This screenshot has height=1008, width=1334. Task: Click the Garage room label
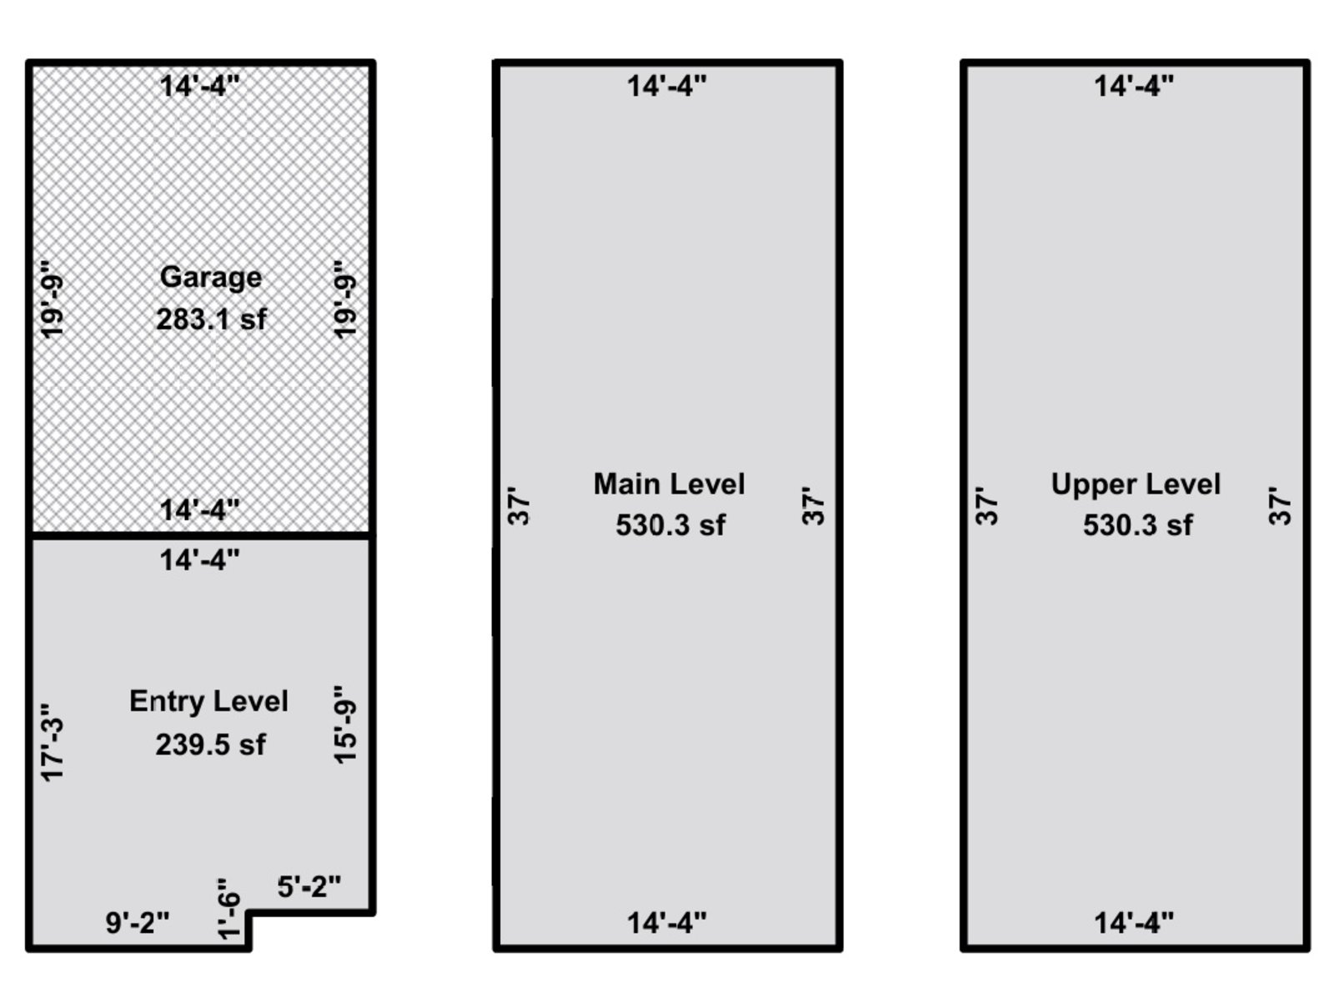coord(210,277)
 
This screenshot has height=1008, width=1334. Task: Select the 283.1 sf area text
coord(211,318)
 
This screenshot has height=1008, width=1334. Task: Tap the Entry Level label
coord(208,701)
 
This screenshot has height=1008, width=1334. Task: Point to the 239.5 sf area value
coord(210,744)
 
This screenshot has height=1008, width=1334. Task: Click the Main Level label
coord(669,484)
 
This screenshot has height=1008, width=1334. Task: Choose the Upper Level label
coord(1136,484)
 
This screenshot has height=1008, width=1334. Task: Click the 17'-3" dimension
coord(53,741)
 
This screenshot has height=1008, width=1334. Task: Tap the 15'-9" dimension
coord(345,724)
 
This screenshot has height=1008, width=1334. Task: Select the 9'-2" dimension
coord(138,923)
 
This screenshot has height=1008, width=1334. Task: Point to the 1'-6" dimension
coord(228,908)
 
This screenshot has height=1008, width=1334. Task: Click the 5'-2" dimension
coord(309,886)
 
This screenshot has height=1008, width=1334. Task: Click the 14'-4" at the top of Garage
coord(200,86)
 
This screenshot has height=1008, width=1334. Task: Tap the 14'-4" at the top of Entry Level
coord(200,559)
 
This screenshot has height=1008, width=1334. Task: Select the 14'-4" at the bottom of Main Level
coord(667,923)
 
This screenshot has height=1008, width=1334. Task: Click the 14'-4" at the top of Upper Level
coord(1134,86)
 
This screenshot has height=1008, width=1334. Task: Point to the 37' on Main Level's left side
coord(519,506)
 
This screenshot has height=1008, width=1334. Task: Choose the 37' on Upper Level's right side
coord(1280,506)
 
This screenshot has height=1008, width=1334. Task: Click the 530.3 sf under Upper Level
coord(1137,525)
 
